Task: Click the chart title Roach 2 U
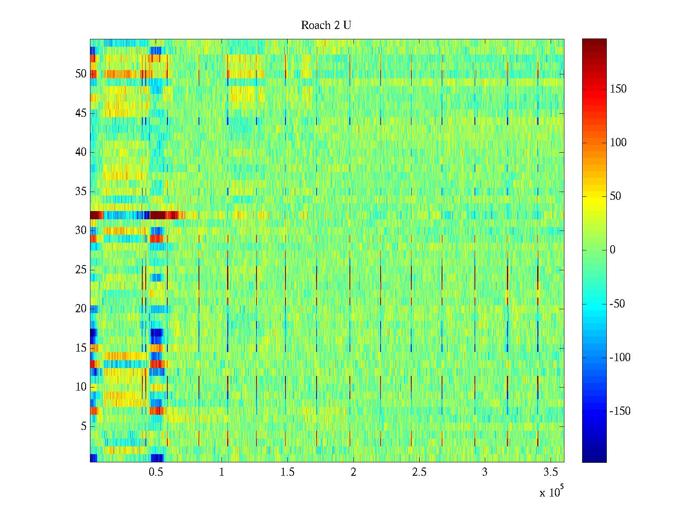coord(326,26)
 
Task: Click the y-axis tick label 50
coord(81,74)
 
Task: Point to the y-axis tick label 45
coord(81,113)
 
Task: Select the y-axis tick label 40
coord(81,152)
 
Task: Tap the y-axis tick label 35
coord(81,192)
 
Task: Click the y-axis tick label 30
coord(81,231)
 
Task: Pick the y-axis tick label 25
coord(81,270)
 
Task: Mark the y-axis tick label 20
coord(81,309)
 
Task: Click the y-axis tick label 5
coord(83,426)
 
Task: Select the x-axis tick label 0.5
coord(156,472)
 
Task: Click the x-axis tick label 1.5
coord(287,472)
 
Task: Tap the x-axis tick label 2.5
coord(419,472)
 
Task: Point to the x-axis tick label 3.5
coord(550,472)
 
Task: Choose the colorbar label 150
coord(618,89)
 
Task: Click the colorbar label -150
coord(620,411)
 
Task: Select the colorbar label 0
coord(612,250)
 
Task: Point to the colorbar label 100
coord(618,143)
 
